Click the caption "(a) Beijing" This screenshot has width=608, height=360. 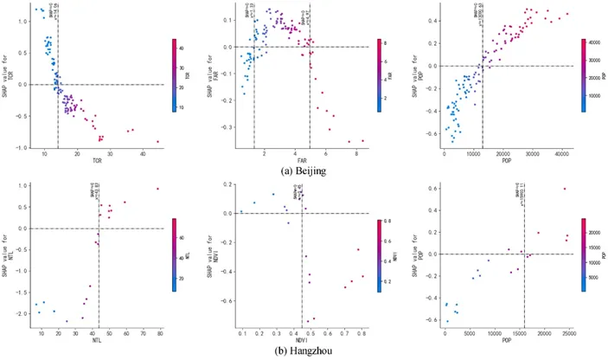(303, 172)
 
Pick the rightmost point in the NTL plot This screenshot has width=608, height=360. (157, 189)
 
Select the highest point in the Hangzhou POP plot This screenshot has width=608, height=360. (565, 189)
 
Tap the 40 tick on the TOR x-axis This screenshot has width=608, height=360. (144, 154)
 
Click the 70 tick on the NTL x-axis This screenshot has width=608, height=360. (141, 332)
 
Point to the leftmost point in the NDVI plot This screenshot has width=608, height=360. (242, 211)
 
